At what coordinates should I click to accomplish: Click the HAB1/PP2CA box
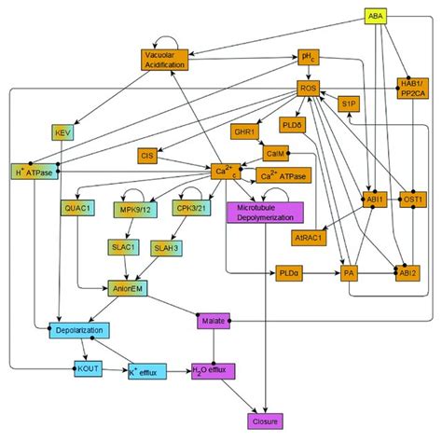[411, 88]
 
